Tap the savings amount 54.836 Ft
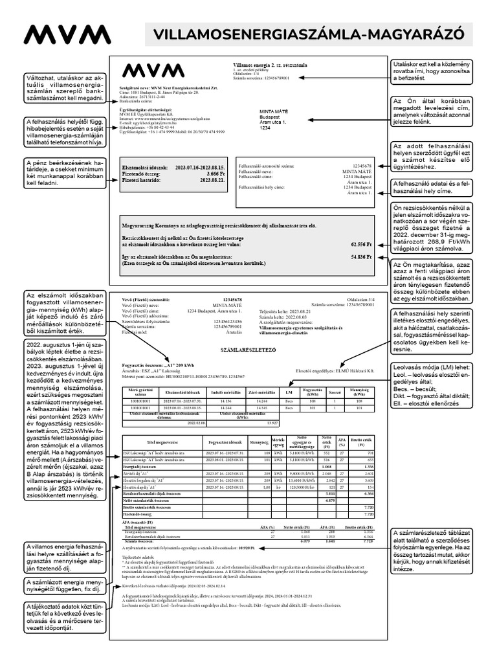(x=361, y=257)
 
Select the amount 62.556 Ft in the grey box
(x=361, y=245)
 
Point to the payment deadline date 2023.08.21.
(x=212, y=181)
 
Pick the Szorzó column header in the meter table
(x=335, y=393)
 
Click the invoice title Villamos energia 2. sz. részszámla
(x=270, y=65)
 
